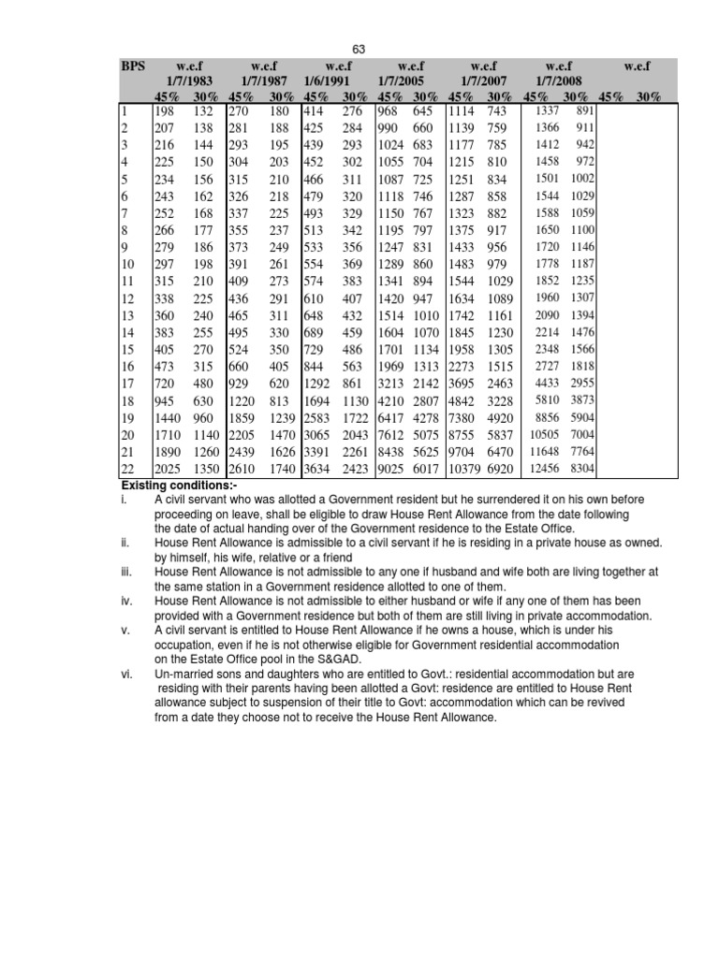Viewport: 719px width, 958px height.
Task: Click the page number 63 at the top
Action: coord(359,49)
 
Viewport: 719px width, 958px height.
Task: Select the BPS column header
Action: coord(133,66)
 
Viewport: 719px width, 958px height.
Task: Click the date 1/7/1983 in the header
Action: coord(184,82)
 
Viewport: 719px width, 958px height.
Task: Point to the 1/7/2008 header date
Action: coord(559,82)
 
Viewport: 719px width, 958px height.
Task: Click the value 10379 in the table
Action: coord(469,468)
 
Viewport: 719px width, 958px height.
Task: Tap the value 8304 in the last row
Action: coord(581,468)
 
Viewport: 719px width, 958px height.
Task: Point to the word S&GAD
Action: coord(340,659)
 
